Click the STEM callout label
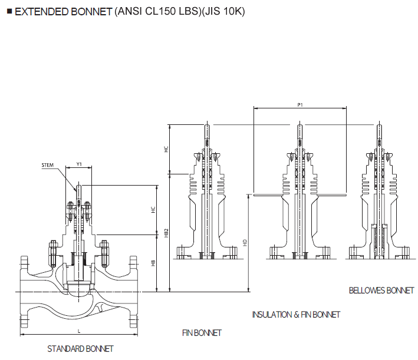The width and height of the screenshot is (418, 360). (x=47, y=165)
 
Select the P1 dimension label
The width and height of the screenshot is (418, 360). (x=299, y=104)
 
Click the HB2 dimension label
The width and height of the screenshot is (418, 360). (x=167, y=233)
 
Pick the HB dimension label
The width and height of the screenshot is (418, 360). (x=153, y=263)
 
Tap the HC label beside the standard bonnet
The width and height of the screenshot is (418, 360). (x=153, y=210)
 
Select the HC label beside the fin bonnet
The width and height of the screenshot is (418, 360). (x=167, y=150)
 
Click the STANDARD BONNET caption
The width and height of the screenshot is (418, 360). (x=80, y=349)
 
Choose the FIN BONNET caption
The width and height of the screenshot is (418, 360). (x=202, y=333)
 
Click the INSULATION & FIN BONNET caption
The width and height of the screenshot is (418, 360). (x=296, y=315)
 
